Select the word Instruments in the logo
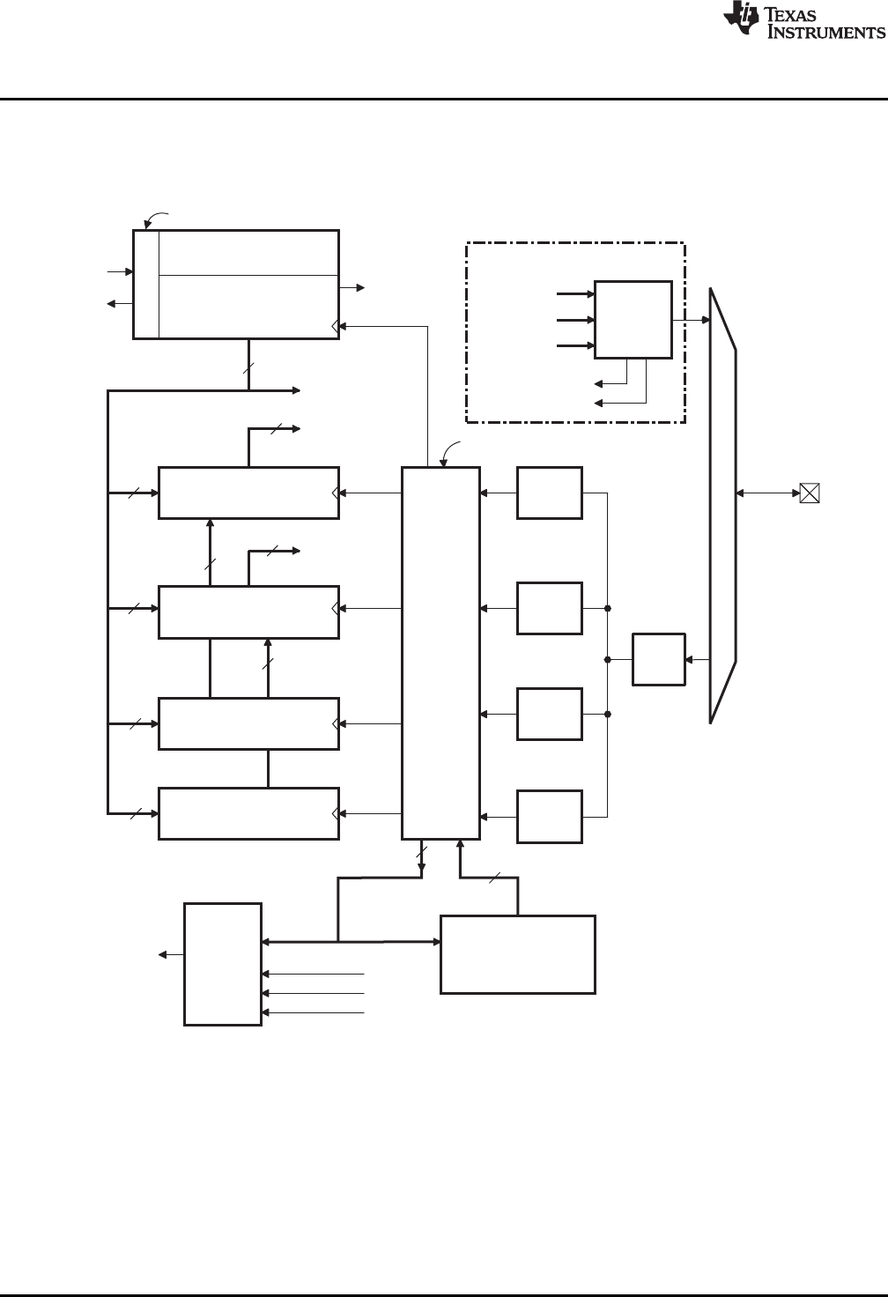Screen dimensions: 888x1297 [825, 33]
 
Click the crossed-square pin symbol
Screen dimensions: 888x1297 [809, 493]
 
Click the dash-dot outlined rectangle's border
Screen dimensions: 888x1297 [575, 242]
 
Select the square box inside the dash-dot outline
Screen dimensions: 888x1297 [633, 319]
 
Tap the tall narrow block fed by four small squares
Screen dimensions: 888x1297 [440, 652]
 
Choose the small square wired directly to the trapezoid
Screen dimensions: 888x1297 [658, 659]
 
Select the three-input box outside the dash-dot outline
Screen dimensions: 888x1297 [222, 964]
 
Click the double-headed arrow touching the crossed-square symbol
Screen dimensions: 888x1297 [767, 493]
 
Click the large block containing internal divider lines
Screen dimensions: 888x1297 [236, 284]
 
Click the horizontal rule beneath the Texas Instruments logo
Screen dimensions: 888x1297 [444, 99]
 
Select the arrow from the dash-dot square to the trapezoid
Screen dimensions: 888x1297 [692, 319]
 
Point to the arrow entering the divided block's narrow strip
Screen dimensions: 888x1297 [121, 272]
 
